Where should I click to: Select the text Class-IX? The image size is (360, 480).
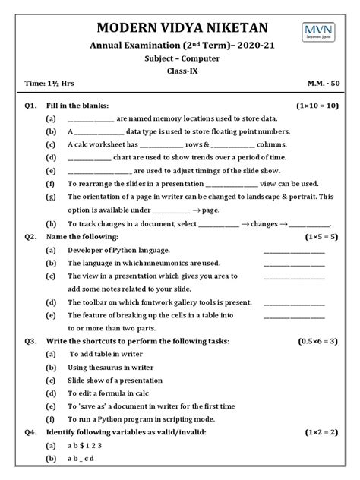180,70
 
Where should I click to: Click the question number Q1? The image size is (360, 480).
31,106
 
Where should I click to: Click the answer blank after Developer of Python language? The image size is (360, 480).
293,250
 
